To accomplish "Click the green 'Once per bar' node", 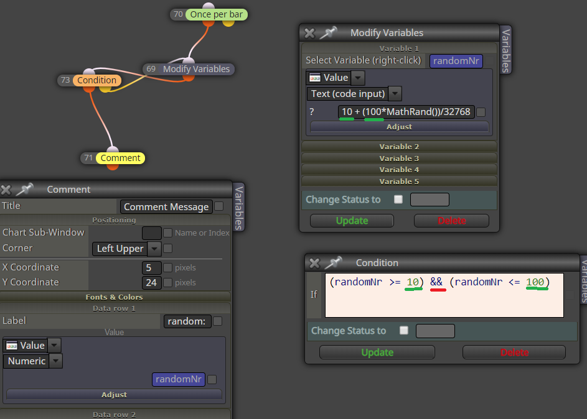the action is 217,14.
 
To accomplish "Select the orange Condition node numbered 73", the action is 96,80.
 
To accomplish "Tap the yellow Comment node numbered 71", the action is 120,158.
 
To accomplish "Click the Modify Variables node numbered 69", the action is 196,69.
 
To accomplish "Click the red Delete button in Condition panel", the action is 514,352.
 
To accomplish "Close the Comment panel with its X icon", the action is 6,190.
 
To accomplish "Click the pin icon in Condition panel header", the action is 334,263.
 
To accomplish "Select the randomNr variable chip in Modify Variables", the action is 456,61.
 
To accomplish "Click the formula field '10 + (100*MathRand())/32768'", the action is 406,112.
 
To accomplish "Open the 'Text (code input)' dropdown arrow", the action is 395,94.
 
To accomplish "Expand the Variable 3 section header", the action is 399,159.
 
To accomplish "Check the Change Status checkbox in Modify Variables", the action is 398,199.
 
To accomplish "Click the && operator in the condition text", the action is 436,282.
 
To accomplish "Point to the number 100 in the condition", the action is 535,282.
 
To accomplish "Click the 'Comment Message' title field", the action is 166,206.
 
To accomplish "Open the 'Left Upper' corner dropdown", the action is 154,249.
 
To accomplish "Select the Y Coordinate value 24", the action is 152,283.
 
